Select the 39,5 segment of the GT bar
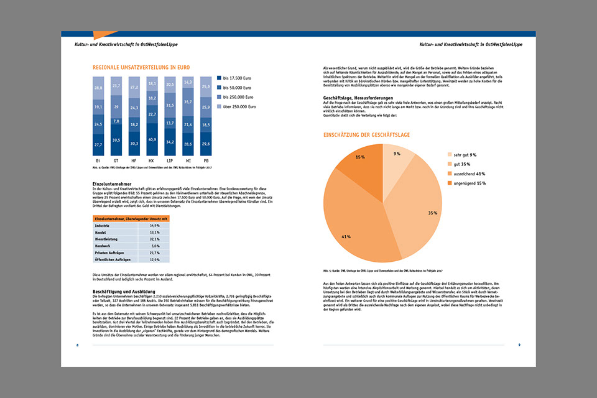point(116,141)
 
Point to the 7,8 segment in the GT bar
point(116,121)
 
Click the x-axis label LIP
point(170,160)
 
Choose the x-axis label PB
point(206,160)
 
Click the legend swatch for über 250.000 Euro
point(218,106)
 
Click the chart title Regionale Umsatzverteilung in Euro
point(141,67)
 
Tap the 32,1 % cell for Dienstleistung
point(155,239)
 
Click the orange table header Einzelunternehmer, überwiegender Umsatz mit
point(131,219)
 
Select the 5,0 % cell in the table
point(155,246)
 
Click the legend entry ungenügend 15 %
point(466,183)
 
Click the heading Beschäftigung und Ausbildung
point(124,291)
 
